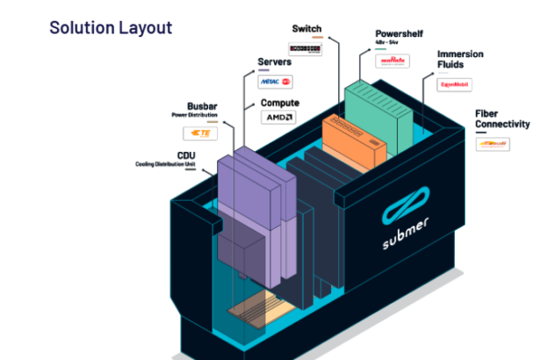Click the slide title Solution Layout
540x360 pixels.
(111, 26)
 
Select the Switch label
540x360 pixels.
(306, 29)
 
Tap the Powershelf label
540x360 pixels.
(400, 34)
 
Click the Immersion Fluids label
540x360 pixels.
(460, 59)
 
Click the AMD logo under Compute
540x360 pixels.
(280, 118)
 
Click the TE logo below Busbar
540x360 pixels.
(200, 133)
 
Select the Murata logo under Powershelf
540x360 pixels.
(392, 61)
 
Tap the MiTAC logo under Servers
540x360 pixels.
(276, 82)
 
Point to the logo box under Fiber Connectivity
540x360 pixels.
(493, 143)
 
